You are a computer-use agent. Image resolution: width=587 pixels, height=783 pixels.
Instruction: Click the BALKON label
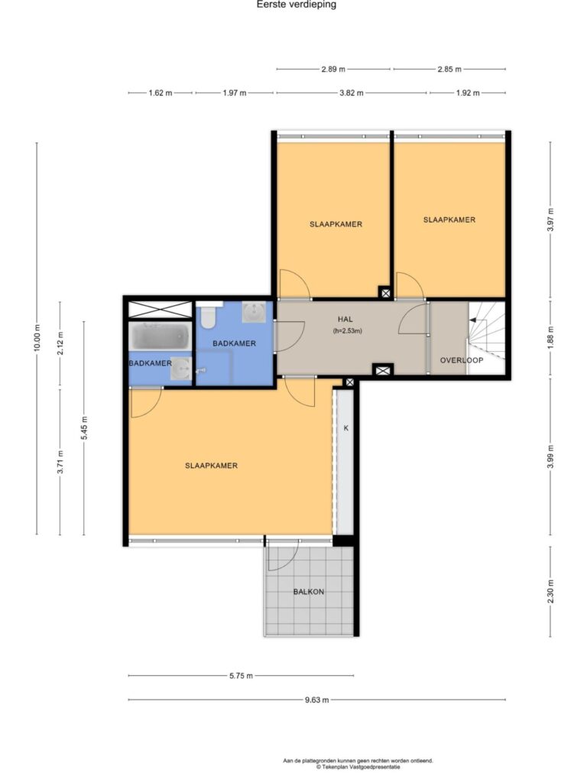coord(309,592)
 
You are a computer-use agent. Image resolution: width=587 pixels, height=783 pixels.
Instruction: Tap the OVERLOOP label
coord(462,360)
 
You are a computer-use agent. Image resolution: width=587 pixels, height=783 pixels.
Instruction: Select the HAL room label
coord(345,319)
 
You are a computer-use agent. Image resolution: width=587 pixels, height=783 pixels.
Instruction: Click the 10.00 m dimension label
coord(37,338)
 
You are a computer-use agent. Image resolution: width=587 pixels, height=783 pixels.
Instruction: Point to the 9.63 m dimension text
coord(317,700)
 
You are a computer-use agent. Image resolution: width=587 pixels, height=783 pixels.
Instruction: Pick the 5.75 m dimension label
coord(241,676)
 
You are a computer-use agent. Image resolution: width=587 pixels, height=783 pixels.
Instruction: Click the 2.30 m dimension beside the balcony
coord(550,591)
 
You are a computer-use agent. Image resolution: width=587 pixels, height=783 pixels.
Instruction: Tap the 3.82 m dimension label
coord(352,93)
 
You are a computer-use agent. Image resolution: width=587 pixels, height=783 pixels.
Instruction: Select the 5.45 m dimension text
coord(84,428)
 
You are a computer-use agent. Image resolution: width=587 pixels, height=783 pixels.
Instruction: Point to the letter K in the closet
coord(345,428)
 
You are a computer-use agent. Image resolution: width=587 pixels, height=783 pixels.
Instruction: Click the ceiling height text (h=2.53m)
coord(347,330)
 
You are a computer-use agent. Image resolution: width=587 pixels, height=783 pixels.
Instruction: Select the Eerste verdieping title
coord(297,5)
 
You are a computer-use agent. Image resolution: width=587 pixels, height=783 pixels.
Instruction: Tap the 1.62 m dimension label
coord(161,93)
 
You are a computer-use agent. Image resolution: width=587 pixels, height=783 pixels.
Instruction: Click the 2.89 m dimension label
coord(333,69)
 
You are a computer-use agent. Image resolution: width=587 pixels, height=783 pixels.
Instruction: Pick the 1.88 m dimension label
coord(550,336)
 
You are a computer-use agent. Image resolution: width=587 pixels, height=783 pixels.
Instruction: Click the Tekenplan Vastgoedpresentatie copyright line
coord(358,767)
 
